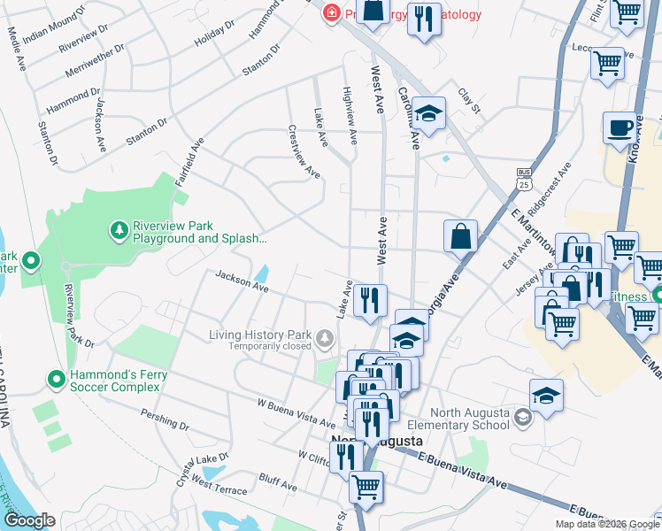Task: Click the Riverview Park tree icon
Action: pyautogui.click(x=118, y=231)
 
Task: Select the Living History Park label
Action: pyautogui.click(x=260, y=335)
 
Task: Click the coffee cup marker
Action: pyautogui.click(x=620, y=127)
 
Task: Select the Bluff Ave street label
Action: pyautogui.click(x=278, y=484)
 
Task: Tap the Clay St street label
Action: pyautogui.click(x=468, y=100)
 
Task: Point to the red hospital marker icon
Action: pyautogui.click(x=331, y=13)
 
